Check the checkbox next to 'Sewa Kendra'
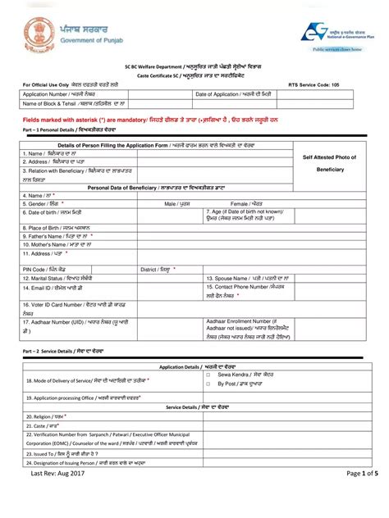tap(208, 374)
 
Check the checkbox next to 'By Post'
tap(208, 383)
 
